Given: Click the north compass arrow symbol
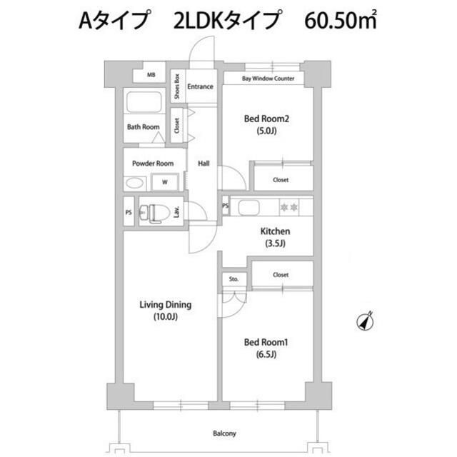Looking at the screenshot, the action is [x=366, y=321].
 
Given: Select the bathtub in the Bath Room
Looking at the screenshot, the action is [x=144, y=102].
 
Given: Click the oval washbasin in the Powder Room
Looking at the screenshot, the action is [x=134, y=184].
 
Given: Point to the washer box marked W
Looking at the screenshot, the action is [x=165, y=183].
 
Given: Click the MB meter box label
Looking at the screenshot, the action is [x=151, y=75].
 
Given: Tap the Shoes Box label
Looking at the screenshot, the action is [x=177, y=86].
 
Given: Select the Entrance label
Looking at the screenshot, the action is [x=200, y=86].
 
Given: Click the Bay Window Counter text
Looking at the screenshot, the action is [x=268, y=79].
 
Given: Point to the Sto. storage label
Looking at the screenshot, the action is [x=233, y=279].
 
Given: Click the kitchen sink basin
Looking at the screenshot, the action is [x=248, y=208].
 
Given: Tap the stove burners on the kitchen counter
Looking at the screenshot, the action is [x=289, y=207].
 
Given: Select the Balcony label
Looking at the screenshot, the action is [x=224, y=433].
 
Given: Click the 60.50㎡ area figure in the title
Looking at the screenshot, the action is [x=341, y=20].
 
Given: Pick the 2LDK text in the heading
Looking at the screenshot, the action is [x=199, y=21].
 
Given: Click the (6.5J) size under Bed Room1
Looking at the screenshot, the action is [x=266, y=354].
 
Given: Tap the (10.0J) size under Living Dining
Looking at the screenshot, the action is [x=166, y=317].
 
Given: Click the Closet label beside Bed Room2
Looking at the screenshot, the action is [x=281, y=180].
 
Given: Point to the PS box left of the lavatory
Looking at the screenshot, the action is [x=129, y=213].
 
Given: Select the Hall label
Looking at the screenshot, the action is [x=204, y=164].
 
